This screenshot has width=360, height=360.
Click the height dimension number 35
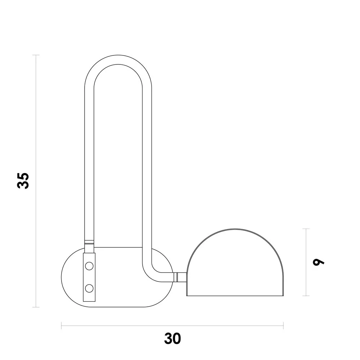(23, 181)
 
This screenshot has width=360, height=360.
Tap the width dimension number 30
(172, 338)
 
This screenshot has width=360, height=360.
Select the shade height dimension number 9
(319, 262)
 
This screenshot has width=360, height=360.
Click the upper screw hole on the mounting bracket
(89, 266)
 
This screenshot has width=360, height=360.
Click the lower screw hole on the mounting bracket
(89, 288)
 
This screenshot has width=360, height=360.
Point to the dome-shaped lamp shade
(235, 262)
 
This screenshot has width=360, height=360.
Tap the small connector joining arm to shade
(180, 277)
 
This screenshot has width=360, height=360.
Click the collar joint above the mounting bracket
(89, 242)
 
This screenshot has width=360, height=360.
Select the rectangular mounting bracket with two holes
(89, 277)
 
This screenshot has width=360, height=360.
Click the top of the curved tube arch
(118, 59)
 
